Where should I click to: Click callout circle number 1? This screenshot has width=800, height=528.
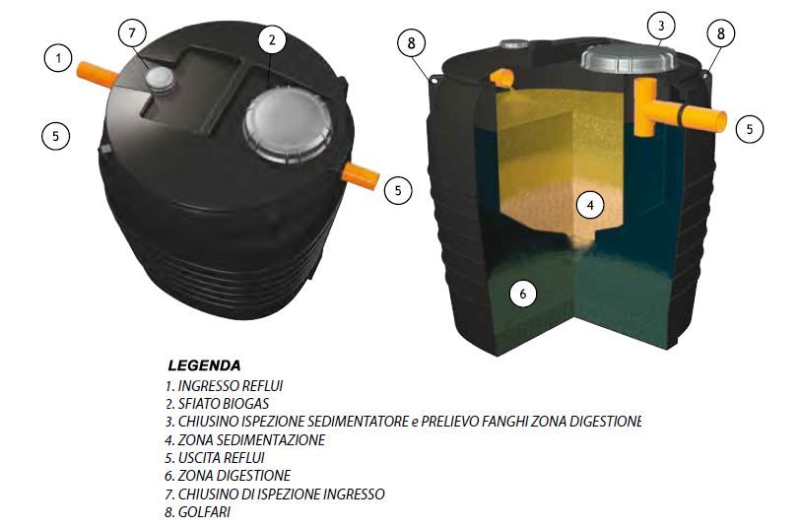(x=58, y=58)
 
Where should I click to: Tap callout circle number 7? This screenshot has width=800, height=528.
(x=133, y=33)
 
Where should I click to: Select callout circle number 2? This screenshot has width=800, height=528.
(x=272, y=39)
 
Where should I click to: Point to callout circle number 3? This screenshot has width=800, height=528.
(x=661, y=26)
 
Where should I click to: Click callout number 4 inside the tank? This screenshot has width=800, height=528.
(x=590, y=205)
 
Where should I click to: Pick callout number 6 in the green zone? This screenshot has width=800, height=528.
(x=522, y=294)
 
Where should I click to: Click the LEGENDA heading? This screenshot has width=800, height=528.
(x=204, y=365)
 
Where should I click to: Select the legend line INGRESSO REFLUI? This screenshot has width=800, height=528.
(x=224, y=386)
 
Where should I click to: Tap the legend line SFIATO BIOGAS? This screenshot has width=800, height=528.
(x=217, y=404)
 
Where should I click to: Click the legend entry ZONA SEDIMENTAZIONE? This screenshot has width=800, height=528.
(x=245, y=439)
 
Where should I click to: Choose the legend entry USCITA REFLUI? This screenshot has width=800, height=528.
(x=215, y=458)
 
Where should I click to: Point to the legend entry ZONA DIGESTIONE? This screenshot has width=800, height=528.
(x=228, y=476)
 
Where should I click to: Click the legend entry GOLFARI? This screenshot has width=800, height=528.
(x=197, y=511)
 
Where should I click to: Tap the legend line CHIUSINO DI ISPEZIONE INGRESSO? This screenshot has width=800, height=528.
(x=275, y=494)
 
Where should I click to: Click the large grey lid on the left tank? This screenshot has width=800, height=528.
(x=288, y=125)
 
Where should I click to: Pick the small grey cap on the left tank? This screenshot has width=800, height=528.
(x=161, y=80)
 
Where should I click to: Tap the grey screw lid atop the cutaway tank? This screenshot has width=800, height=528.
(x=628, y=58)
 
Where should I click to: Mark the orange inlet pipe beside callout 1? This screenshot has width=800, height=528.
(x=97, y=74)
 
